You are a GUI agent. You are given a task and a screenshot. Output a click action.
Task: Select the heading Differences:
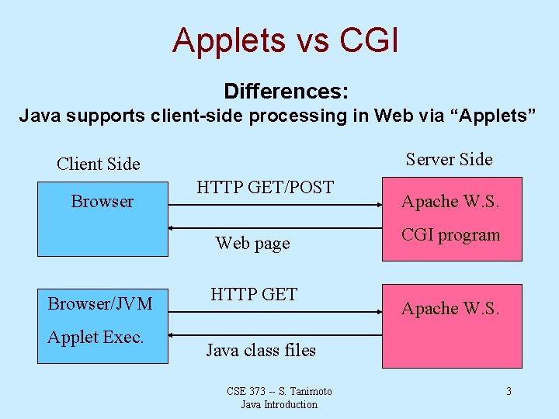click(286, 92)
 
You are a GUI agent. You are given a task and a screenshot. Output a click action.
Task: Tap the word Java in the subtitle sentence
click(40, 116)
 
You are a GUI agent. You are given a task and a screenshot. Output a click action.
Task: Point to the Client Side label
click(99, 164)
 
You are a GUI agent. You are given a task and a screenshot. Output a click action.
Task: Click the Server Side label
click(449, 159)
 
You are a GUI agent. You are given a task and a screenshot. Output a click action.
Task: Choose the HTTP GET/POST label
click(265, 187)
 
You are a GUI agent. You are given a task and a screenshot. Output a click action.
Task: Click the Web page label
click(252, 243)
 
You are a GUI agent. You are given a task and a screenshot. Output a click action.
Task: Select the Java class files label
click(261, 350)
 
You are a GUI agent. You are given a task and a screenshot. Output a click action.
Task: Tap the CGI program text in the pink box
click(450, 235)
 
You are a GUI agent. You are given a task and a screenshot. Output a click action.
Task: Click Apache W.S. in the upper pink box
click(450, 202)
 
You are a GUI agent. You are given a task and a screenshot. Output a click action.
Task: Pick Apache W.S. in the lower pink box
click(450, 308)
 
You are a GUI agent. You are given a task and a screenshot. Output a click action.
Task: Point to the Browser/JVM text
click(100, 303)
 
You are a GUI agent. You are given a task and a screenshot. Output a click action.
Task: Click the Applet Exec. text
click(95, 337)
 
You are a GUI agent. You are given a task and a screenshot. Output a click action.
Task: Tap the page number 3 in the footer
click(509, 391)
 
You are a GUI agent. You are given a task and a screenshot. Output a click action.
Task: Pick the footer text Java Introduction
click(279, 404)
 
